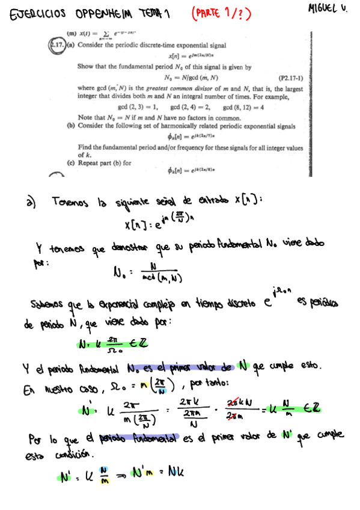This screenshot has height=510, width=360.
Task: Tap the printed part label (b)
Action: click(72, 126)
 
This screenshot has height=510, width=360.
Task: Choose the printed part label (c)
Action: click(72, 162)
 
